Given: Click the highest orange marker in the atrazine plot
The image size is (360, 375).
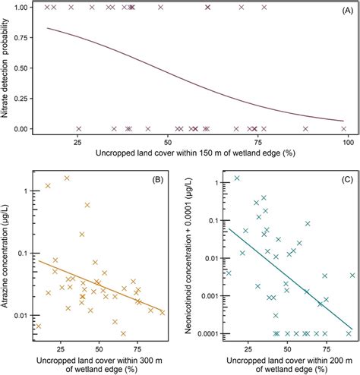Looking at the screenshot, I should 67,178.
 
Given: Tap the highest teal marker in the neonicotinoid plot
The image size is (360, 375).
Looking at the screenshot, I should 237,178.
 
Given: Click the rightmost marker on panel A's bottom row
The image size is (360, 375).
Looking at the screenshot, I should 343,129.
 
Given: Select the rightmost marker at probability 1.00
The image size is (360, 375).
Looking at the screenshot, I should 264,7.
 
